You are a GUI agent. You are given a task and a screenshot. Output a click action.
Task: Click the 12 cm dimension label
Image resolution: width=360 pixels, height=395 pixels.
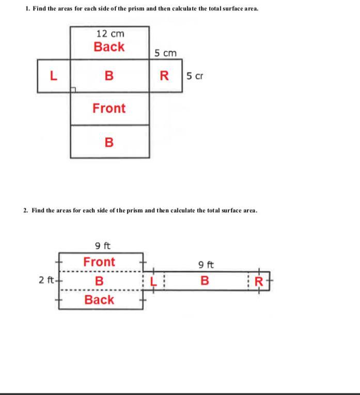tap(110, 34)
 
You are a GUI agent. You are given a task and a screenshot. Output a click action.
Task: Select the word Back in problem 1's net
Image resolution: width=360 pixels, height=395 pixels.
tap(109, 47)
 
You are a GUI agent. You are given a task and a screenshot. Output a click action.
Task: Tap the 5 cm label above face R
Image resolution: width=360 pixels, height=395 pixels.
tap(165, 53)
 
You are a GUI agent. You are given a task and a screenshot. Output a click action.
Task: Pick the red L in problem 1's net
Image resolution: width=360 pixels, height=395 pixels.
tap(53, 76)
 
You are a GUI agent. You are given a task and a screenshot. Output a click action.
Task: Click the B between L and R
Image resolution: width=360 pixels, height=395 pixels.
tap(108, 76)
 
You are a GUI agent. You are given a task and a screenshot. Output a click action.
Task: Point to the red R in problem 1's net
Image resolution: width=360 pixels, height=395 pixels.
tap(165, 76)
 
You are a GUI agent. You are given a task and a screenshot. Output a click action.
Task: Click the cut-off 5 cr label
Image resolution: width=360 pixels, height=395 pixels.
tap(195, 76)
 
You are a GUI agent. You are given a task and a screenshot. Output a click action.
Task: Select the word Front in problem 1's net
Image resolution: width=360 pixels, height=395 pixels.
tap(109, 108)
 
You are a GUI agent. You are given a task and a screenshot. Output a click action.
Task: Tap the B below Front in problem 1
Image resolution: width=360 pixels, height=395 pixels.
tap(108, 142)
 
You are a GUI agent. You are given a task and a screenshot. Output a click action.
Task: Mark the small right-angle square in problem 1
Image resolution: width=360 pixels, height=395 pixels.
tap(73, 90)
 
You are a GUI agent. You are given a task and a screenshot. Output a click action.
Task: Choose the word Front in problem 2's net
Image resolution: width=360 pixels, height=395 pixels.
tap(99, 262)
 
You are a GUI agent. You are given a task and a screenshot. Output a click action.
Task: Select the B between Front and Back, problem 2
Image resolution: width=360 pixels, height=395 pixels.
tap(99, 281)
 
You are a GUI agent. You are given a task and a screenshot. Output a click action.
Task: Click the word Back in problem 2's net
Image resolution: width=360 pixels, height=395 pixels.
tap(99, 299)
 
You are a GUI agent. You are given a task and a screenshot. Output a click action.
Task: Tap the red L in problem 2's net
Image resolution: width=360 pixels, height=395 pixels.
tap(153, 281)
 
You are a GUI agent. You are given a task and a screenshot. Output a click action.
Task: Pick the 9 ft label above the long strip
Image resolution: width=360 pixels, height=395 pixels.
tap(206, 265)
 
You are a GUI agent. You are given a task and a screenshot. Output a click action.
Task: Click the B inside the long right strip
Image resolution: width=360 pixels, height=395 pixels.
tap(205, 281)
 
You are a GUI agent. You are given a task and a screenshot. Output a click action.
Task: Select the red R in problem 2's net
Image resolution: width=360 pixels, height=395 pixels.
tap(260, 282)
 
